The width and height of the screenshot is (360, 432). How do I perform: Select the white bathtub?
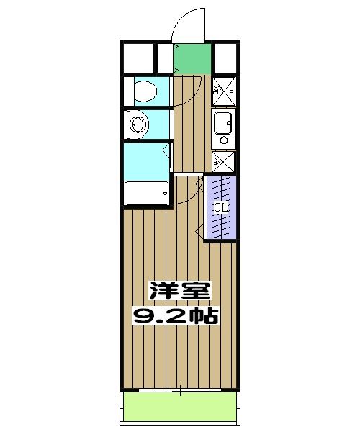pos(146,193)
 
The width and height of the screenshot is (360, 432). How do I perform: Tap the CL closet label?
pos(221,208)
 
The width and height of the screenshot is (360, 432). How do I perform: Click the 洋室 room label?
pos(179,292)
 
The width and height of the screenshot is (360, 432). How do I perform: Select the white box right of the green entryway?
pos(227,57)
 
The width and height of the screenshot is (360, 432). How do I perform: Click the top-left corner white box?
pos(137,57)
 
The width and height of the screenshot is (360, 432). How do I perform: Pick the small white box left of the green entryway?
pos(165,57)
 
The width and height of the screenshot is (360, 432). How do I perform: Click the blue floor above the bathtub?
pos(145,160)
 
